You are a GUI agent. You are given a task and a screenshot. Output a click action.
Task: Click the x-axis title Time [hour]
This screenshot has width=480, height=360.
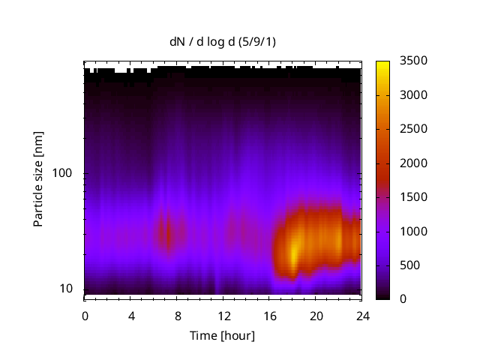click(x=221, y=335)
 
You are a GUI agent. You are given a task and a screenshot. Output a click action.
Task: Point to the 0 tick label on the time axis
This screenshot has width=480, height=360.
click(x=85, y=315)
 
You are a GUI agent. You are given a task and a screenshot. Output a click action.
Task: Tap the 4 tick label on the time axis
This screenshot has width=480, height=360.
click(x=131, y=315)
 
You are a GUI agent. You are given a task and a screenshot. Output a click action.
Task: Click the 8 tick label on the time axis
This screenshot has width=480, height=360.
click(x=177, y=315)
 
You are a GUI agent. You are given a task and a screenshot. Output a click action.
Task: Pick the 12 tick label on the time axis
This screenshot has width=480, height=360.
click(x=223, y=315)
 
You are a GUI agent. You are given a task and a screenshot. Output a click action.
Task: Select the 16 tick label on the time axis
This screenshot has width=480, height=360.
click(x=269, y=315)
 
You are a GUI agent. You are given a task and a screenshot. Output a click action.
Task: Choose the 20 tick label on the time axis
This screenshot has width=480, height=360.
click(x=316, y=315)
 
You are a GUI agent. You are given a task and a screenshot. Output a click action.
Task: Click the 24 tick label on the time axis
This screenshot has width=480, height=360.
click(x=361, y=315)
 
